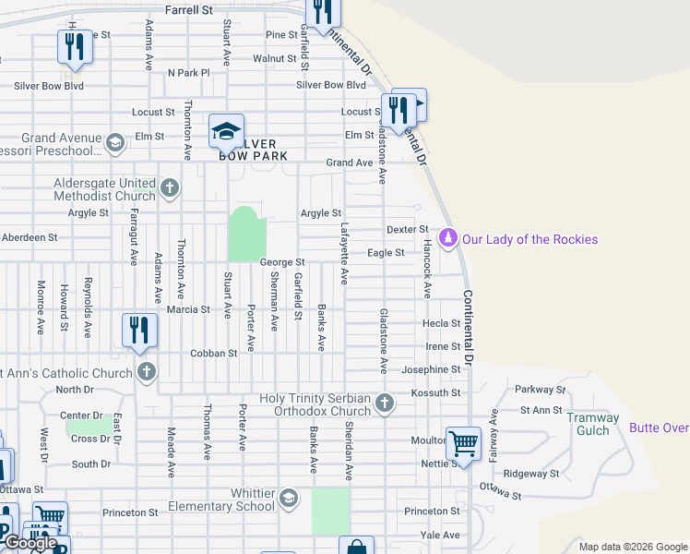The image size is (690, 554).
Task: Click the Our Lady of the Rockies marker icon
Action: pos(448,239)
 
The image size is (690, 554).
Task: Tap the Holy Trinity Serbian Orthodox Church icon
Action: pos(386,403)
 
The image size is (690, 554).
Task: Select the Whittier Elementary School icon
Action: pos(289,499)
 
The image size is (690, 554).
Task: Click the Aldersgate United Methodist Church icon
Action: pos(169,189)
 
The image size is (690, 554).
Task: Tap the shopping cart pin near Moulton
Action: pos(462,442)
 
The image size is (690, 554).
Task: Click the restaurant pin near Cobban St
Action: pos(139,330)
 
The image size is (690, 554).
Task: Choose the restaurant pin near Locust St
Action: pos(399,108)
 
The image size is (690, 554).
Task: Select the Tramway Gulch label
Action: pos(593,425)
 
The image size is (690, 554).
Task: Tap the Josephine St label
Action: pos(431,369)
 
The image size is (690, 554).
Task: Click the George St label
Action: pos(282,262)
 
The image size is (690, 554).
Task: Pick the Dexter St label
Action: pos(408,229)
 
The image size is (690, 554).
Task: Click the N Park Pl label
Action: pos(189,72)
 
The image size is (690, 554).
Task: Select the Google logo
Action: pos(30,543)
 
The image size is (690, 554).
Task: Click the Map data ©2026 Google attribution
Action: pos(633,547)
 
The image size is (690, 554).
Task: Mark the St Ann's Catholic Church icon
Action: pos(145,373)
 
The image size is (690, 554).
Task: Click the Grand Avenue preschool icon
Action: pos(115,143)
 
